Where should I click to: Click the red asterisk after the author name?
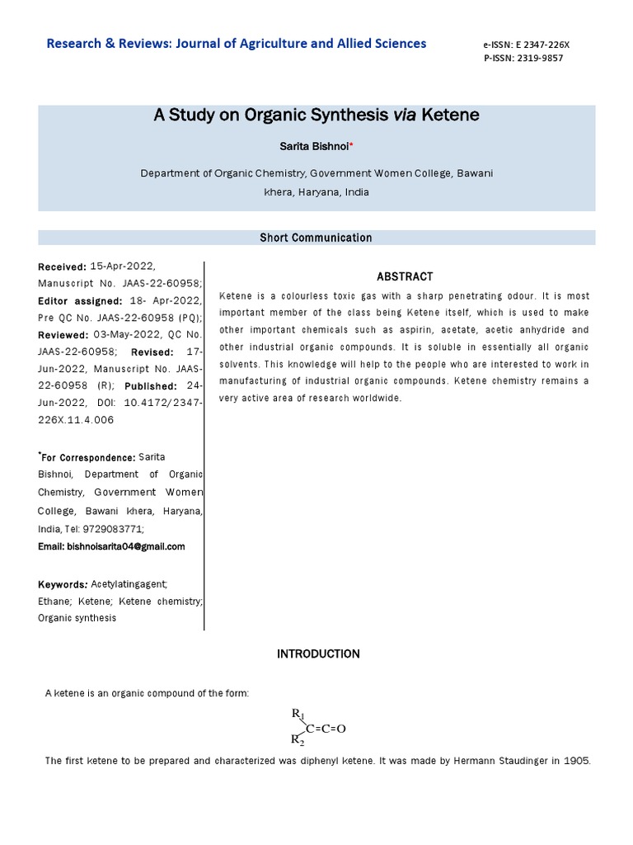point(351,145)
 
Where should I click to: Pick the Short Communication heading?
point(316,238)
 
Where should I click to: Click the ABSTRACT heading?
point(405,277)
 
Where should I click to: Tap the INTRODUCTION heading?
point(318,654)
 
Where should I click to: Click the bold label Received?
point(62,267)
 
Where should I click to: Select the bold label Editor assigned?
point(80,301)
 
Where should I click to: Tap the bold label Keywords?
point(63,584)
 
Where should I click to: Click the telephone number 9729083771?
point(115,529)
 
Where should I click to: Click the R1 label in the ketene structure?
point(298,713)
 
